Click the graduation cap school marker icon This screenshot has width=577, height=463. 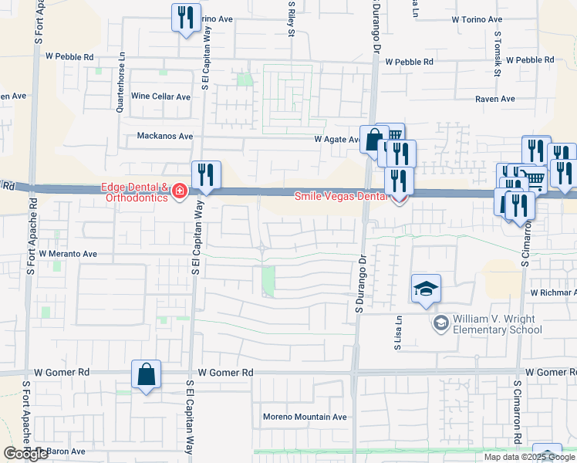pyautogui.click(x=426, y=290)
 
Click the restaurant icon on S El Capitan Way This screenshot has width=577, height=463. pyautogui.click(x=206, y=175)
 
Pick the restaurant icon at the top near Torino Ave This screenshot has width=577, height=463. pyautogui.click(x=185, y=19)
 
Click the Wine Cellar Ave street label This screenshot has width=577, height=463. pyautogui.click(x=160, y=96)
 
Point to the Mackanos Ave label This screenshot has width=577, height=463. pyautogui.click(x=164, y=137)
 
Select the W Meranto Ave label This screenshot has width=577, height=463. pyautogui.click(x=68, y=253)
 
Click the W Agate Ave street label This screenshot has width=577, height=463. pyautogui.click(x=337, y=140)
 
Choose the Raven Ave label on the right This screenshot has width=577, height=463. pyautogui.click(x=495, y=99)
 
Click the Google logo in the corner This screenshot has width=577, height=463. pyautogui.click(x=26, y=454)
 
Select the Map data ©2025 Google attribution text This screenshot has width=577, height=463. pyautogui.click(x=529, y=457)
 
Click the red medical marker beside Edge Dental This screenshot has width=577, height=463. pyautogui.click(x=180, y=191)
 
